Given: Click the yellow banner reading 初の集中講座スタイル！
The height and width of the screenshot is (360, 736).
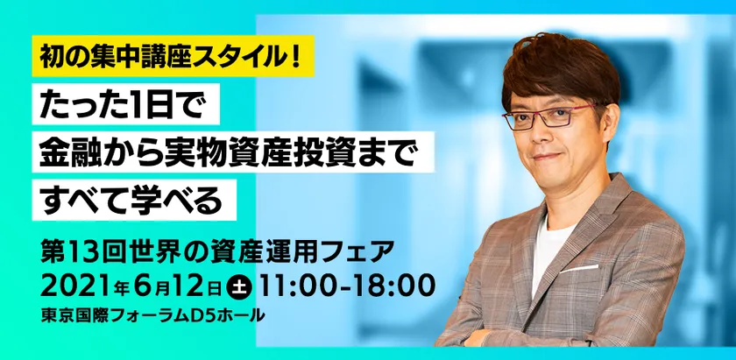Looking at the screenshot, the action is click(x=173, y=56).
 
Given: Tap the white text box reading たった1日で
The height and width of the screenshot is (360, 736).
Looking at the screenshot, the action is click(x=126, y=103).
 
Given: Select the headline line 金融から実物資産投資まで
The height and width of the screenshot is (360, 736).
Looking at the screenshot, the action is click(x=233, y=152).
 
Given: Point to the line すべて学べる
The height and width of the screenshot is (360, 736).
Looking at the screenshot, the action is click(x=134, y=200).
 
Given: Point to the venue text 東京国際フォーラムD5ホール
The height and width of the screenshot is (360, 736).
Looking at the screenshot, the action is click(x=152, y=315).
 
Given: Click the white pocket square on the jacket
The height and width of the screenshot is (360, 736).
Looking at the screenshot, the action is click(x=579, y=269).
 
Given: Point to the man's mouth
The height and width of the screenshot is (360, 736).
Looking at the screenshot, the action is click(x=549, y=156).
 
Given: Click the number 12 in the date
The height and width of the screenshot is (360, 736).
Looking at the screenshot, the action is click(x=191, y=286).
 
